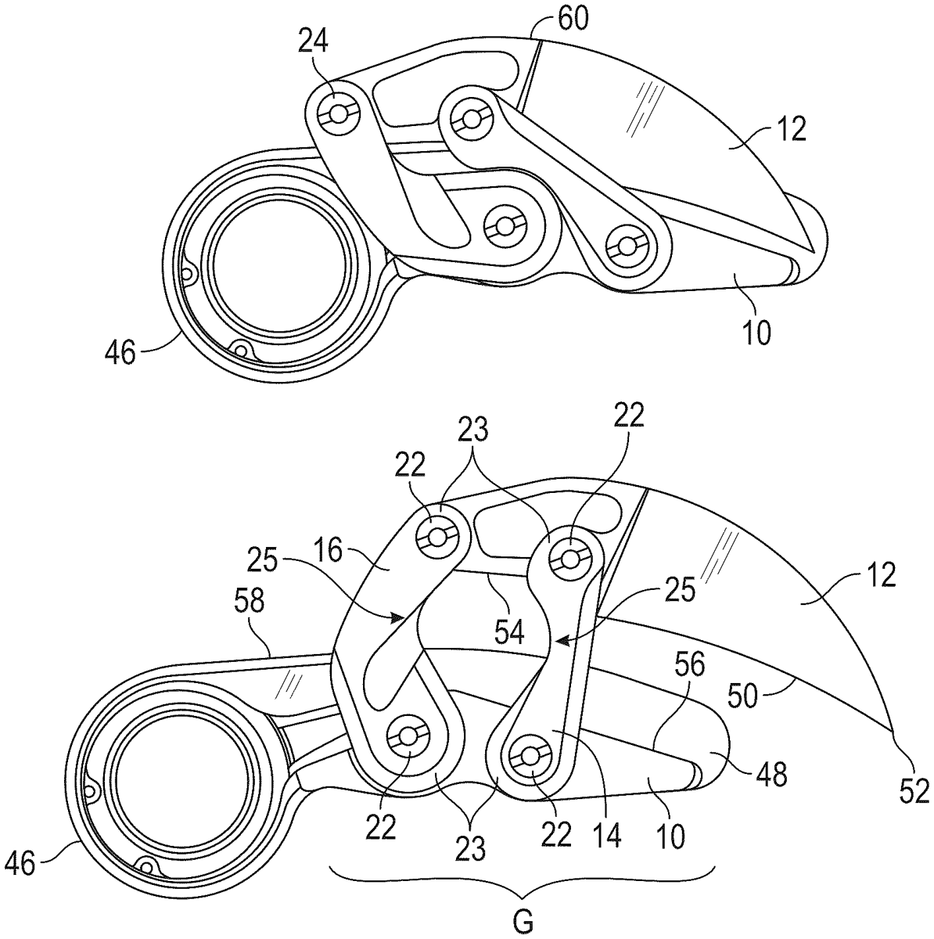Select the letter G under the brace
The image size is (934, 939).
click(x=524, y=920)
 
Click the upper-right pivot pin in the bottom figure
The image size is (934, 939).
click(x=570, y=558)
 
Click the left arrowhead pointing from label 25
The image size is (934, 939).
click(x=402, y=616)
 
